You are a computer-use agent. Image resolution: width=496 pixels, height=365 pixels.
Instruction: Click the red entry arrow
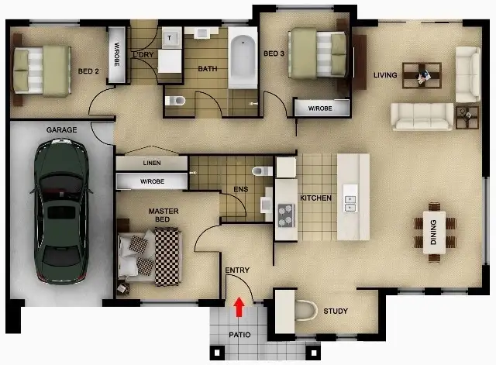click(239, 307)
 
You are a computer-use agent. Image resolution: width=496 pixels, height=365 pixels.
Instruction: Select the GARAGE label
click(61, 129)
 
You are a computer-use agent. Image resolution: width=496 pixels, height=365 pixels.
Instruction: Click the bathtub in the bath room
click(243, 57)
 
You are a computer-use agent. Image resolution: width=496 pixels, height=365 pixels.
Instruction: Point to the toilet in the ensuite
click(259, 170)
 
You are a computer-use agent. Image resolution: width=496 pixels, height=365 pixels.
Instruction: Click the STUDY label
click(335, 312)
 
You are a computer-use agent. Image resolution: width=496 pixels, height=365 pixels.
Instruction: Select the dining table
click(433, 227)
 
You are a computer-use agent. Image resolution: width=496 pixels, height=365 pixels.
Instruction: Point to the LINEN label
click(152, 164)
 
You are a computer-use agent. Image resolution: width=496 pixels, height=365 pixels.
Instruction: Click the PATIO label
click(239, 336)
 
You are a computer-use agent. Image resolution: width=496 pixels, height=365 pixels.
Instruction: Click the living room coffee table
click(422, 75)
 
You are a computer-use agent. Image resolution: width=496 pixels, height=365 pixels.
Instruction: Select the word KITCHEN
click(315, 198)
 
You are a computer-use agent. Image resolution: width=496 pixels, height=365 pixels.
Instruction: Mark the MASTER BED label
click(163, 216)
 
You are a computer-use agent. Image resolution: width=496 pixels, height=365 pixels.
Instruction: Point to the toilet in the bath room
click(177, 100)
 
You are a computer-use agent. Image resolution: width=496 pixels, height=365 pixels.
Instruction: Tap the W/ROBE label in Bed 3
click(320, 108)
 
